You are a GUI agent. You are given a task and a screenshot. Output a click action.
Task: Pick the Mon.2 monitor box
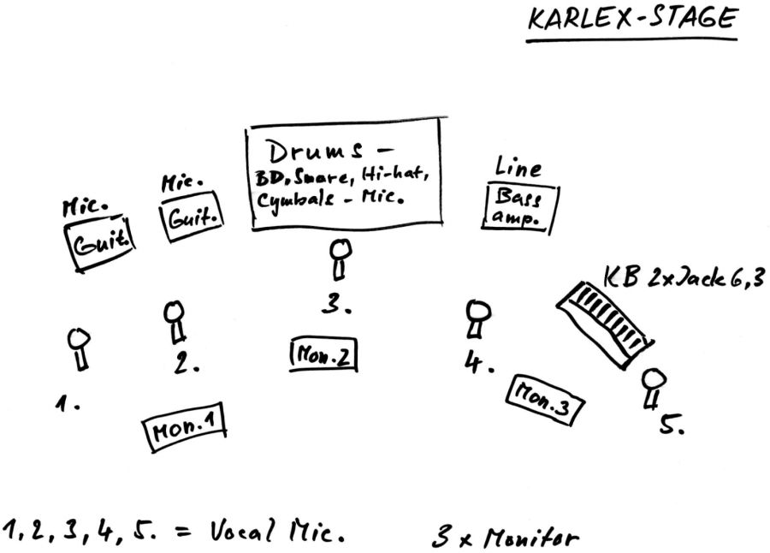323,354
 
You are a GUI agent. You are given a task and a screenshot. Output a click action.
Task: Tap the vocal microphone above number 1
80,348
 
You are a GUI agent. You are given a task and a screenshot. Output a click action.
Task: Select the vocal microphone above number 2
175,319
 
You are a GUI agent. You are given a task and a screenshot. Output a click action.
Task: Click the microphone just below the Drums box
341,258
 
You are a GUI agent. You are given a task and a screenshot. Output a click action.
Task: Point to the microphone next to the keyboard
653,388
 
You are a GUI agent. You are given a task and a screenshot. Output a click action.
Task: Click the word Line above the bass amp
518,169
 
